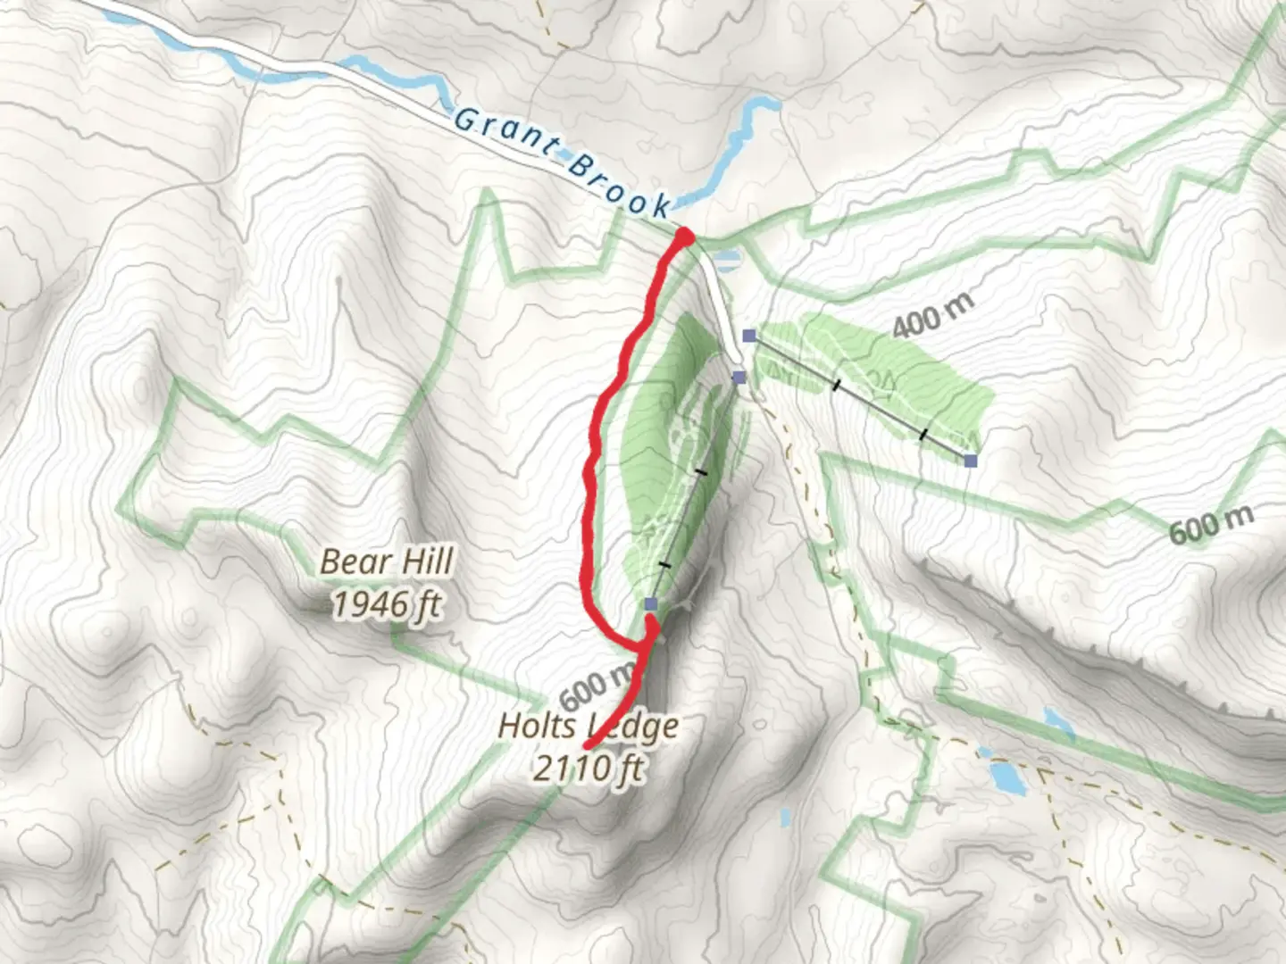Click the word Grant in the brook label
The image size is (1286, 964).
click(505, 132)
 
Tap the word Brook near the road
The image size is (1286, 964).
click(619, 185)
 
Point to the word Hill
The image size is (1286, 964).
click(424, 561)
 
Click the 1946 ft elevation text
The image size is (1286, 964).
click(388, 604)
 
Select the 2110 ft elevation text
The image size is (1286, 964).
click(589, 766)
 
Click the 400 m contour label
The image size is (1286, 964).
click(932, 314)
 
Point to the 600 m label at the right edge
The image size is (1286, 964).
click(1211, 523)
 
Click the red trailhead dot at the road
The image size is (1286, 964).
click(684, 237)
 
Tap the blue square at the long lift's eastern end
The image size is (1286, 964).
click(971, 461)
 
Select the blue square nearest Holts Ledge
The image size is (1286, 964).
click(650, 604)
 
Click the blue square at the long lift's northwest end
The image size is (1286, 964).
click(749, 336)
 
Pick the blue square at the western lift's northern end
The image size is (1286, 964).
click(739, 378)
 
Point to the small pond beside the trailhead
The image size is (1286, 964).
click(728, 260)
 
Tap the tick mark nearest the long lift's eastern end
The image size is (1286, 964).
click(923, 435)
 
